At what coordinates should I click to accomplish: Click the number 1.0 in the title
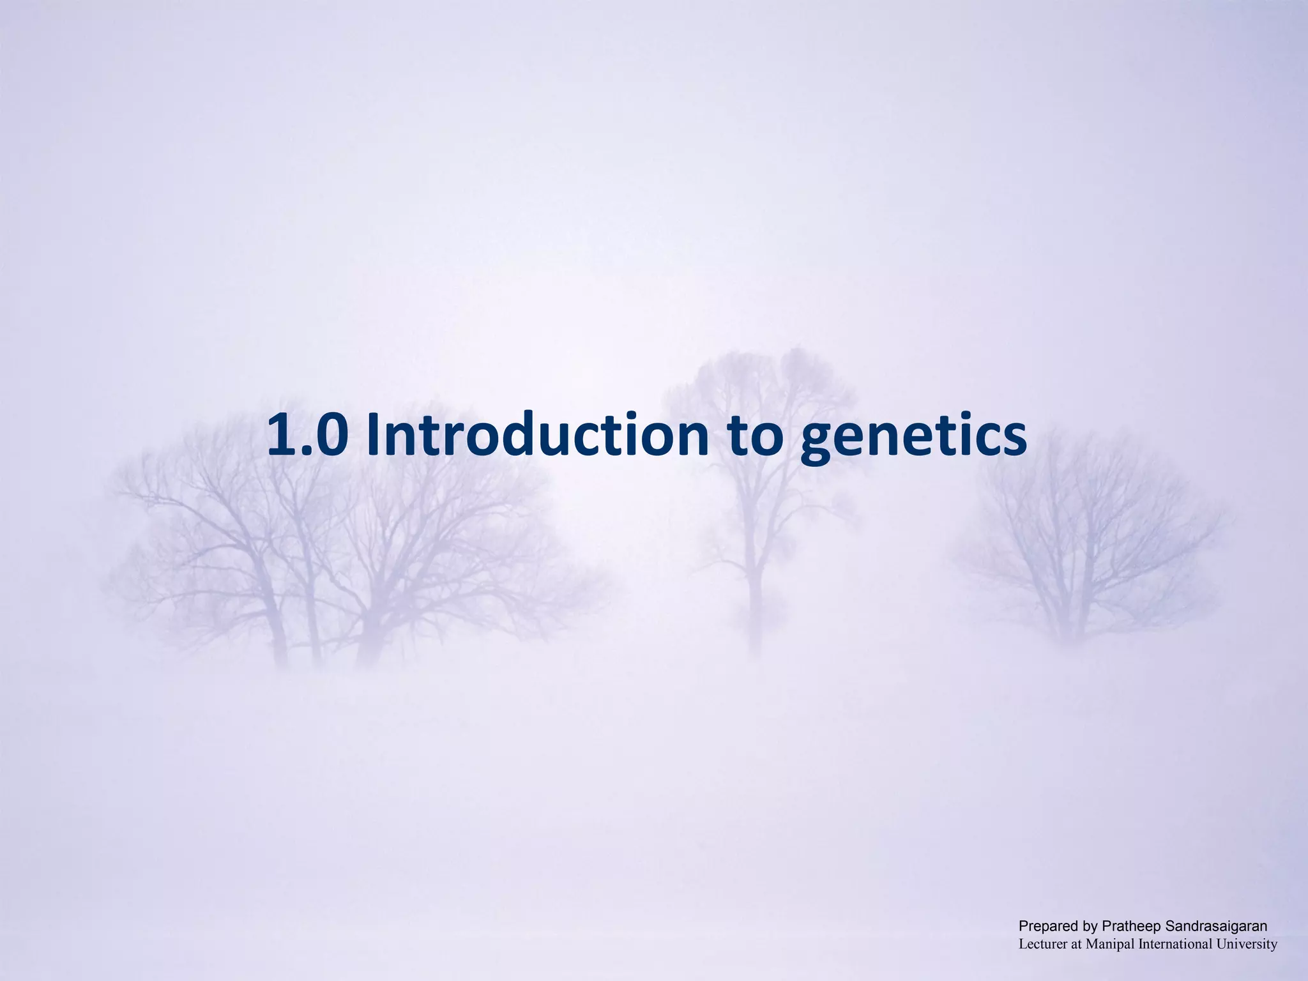(308, 435)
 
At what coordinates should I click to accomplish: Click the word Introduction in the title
(538, 435)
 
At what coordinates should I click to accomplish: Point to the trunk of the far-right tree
(1063, 613)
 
